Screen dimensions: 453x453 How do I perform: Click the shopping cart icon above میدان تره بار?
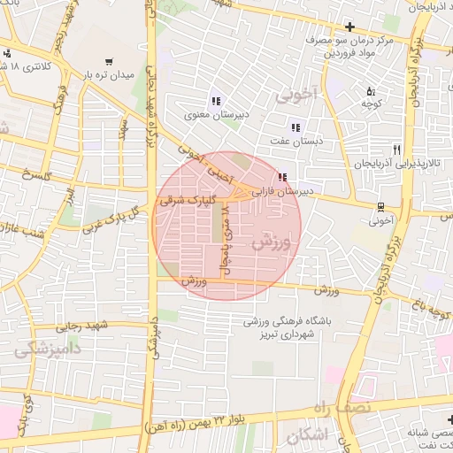(x=108, y=62)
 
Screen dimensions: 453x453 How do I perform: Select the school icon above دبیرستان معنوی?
(x=216, y=100)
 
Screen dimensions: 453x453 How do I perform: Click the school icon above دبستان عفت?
(x=296, y=127)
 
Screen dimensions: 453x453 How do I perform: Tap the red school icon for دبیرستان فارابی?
(x=282, y=177)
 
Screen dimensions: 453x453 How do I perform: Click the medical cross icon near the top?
(x=350, y=26)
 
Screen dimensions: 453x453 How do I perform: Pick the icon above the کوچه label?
(x=371, y=91)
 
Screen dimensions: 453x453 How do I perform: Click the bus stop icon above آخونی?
(x=380, y=208)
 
